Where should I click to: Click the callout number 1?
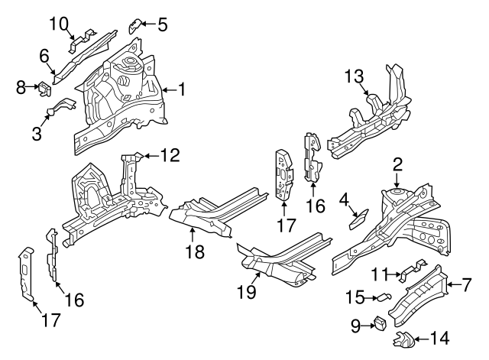pyautogui.click(x=182, y=90)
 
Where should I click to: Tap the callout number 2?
pyautogui.click(x=397, y=164)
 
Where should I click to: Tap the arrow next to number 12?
pyautogui.click(x=151, y=157)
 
